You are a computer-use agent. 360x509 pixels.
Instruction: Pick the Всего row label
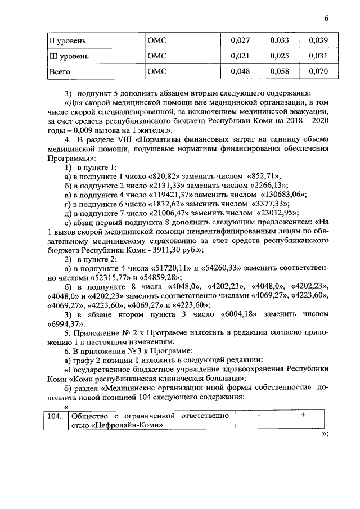point(60,72)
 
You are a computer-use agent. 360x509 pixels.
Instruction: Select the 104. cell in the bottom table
point(53,416)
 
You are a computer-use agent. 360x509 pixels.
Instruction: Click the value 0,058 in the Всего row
point(280,72)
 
